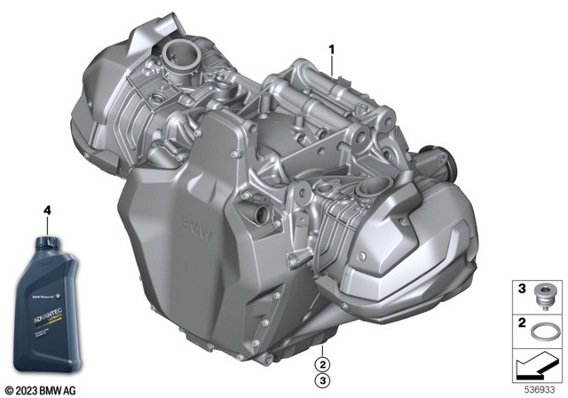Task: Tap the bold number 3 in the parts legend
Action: pos(523,289)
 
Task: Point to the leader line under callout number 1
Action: pos(333,63)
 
